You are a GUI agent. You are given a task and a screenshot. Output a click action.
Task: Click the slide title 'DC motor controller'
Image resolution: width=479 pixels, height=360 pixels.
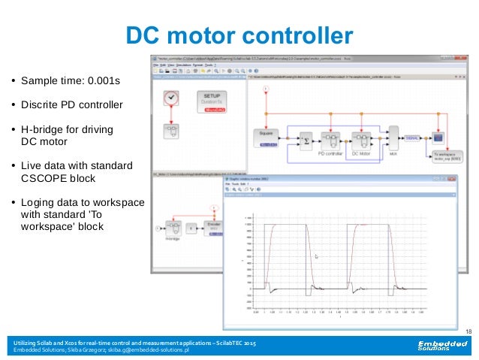tap(238, 35)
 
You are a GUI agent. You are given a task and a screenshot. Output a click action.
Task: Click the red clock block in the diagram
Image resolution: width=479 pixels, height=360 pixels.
tap(171, 98)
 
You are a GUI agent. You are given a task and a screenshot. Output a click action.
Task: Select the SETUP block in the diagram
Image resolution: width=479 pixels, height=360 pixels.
tap(212, 102)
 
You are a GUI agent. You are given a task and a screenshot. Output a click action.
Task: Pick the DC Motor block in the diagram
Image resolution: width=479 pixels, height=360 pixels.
tap(362, 140)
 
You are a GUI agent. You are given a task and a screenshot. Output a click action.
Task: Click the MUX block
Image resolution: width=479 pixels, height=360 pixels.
tap(393, 138)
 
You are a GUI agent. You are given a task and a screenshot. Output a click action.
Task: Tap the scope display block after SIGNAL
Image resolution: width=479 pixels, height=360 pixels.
tap(439, 137)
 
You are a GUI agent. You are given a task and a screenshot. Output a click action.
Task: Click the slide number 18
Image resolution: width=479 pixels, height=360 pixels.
tap(468, 331)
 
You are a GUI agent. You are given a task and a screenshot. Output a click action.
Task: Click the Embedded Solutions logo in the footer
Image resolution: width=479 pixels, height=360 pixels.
tap(443, 346)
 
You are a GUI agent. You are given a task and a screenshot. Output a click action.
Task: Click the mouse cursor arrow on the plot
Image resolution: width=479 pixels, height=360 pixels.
tap(316, 256)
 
